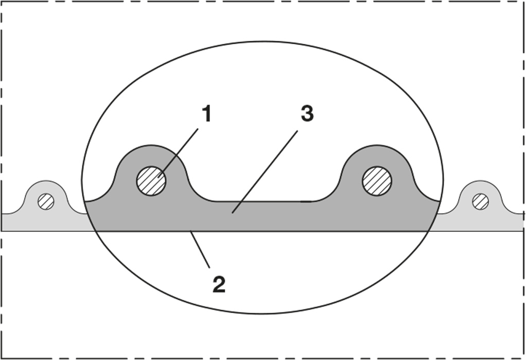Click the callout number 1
tap(207, 114)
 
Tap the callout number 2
tap(219, 285)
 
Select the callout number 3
tap(307, 113)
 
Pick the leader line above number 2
tap(200, 249)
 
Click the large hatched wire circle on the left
tap(151, 181)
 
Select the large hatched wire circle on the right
tap(377, 181)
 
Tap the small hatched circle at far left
tap(46, 202)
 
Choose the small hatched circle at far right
tap(480, 202)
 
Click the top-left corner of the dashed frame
tap(2, 2)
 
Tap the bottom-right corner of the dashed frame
tap(524, 358)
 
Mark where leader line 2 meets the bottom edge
tap(190, 231)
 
